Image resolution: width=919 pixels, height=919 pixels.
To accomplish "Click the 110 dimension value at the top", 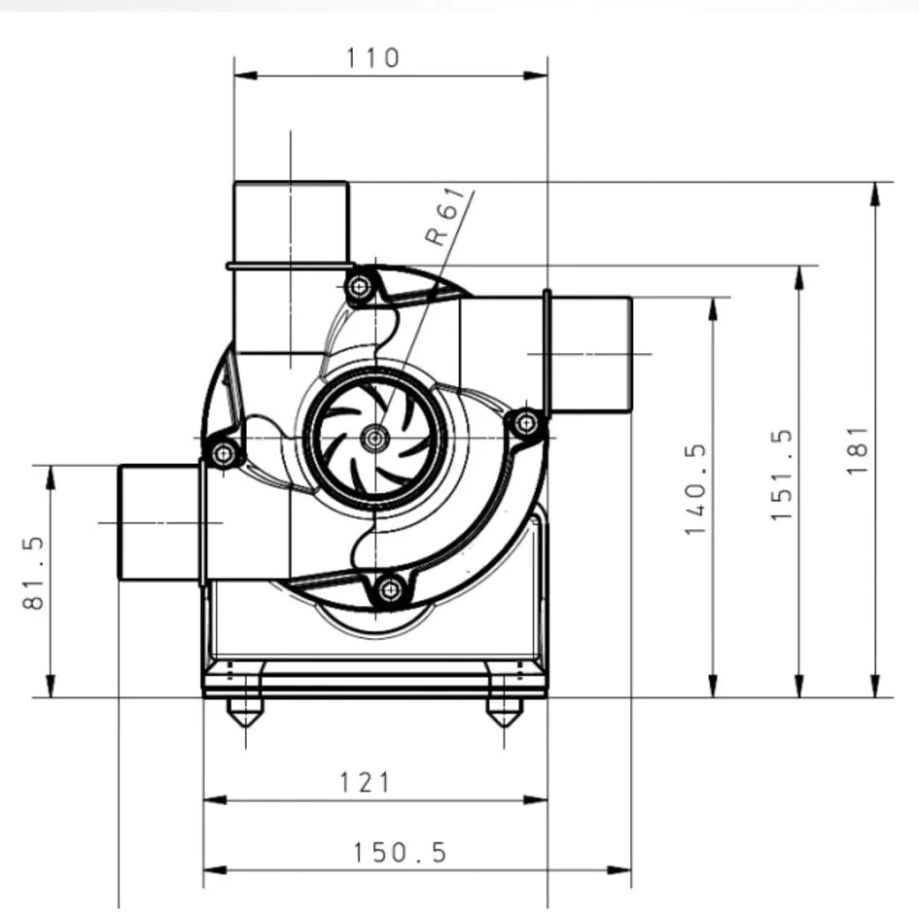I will (x=372, y=57).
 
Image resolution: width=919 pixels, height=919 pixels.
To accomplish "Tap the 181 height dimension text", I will (x=857, y=448).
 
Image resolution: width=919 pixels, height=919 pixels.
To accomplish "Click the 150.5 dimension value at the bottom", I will (x=400, y=853).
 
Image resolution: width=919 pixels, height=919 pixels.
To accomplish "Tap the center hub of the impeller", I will (x=374, y=439).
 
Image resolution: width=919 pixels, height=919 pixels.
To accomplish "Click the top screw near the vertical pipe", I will (x=360, y=287).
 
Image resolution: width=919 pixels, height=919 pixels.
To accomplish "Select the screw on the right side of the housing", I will (x=525, y=423).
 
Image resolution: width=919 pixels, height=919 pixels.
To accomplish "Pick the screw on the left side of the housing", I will (x=224, y=453).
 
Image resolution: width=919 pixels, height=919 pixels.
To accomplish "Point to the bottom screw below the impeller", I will (x=390, y=588).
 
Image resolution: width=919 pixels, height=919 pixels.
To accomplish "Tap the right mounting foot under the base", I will (x=504, y=712).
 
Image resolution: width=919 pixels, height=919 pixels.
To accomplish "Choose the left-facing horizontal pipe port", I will (x=159, y=522).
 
